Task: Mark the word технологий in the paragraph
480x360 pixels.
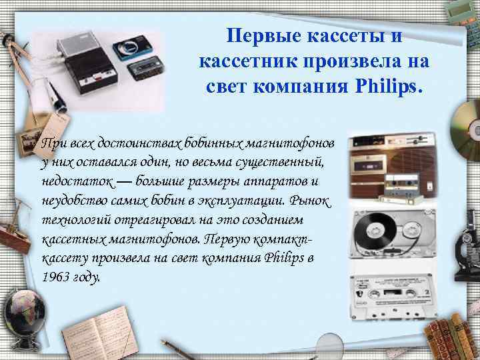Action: tap(71, 220)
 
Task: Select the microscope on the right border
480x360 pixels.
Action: tap(465, 243)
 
